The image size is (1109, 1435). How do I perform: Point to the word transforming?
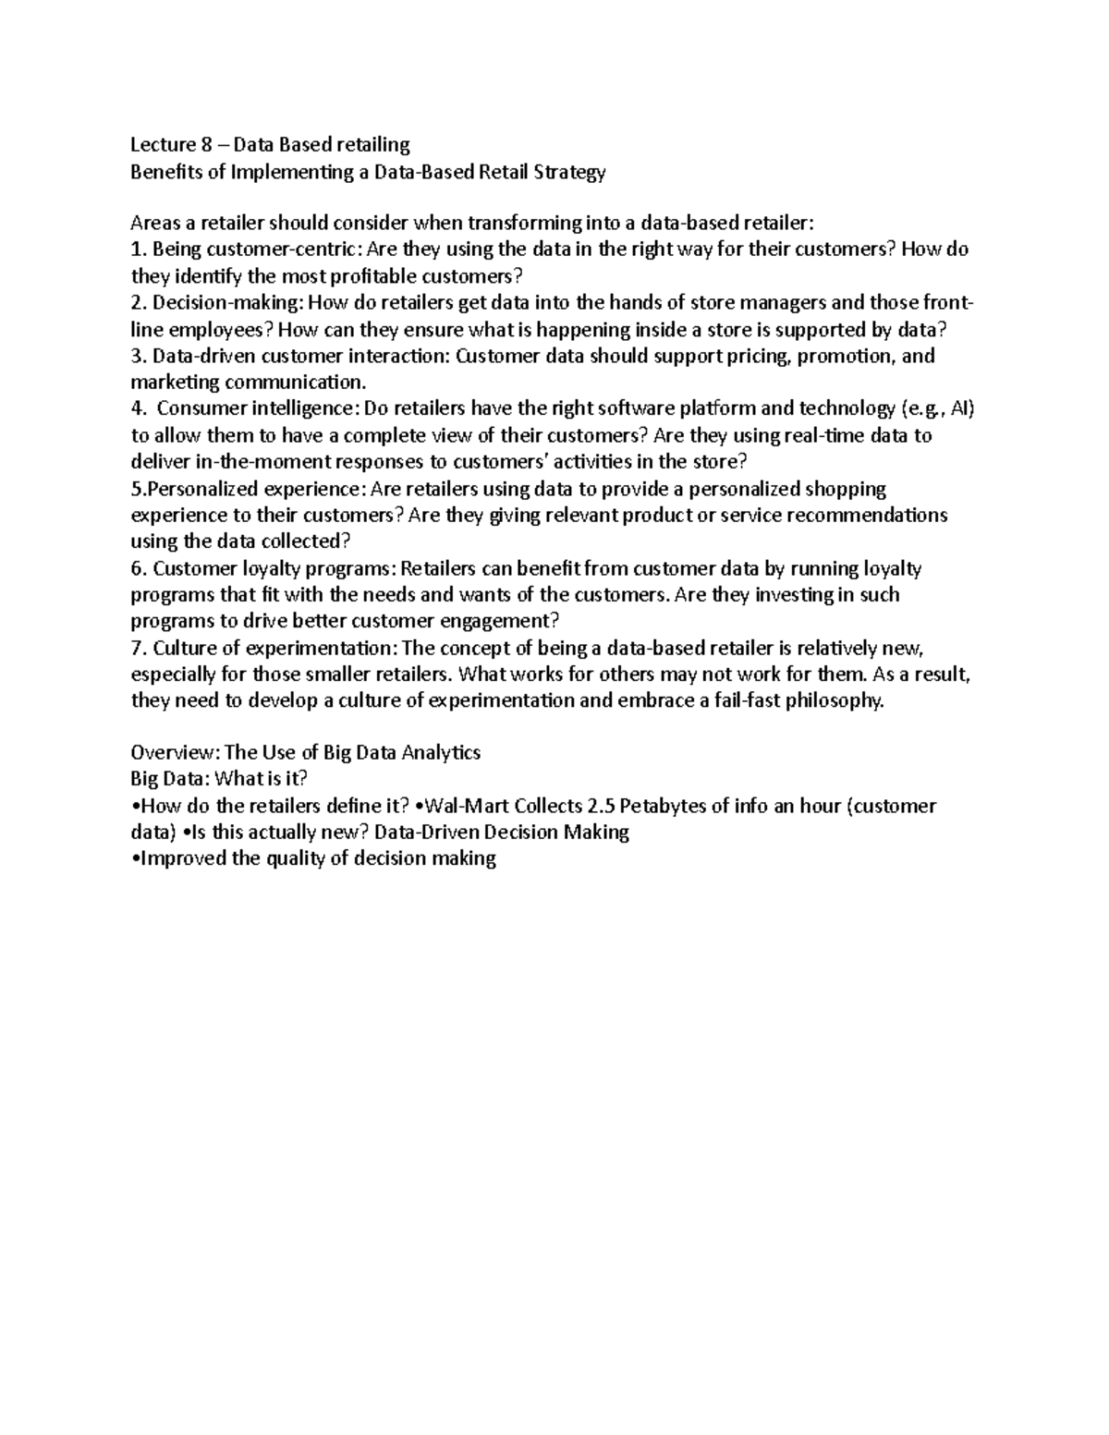pyautogui.click(x=518, y=223)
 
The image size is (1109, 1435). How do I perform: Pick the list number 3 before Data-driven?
pyautogui.click(x=137, y=356)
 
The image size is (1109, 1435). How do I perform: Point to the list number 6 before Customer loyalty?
pyautogui.click(x=137, y=568)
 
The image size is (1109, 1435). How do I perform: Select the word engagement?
pyautogui.click(x=496, y=621)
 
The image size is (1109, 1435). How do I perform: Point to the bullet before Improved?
pyautogui.click(x=135, y=859)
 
